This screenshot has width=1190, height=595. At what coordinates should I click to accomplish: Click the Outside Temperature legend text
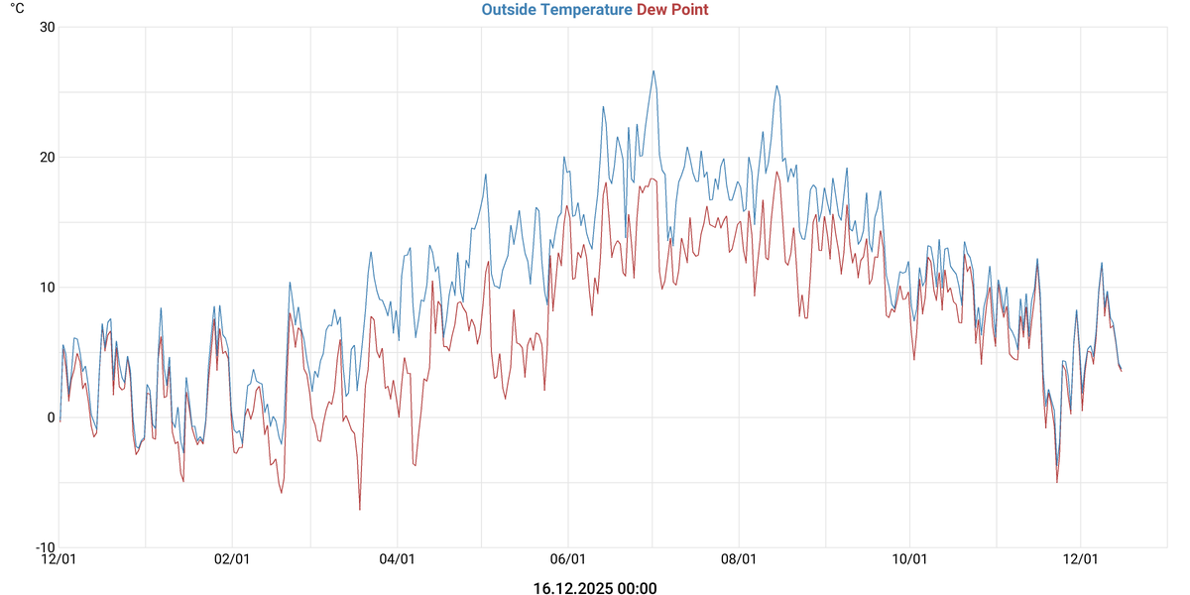point(556,10)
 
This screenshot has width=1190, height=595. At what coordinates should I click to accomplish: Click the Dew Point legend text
point(672,10)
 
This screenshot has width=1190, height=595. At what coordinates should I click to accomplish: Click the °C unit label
point(17,8)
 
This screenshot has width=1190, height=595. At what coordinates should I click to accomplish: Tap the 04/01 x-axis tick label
point(397,560)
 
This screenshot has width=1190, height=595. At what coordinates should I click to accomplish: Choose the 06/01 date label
point(567,560)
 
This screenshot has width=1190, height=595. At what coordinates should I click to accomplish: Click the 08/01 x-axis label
point(739,560)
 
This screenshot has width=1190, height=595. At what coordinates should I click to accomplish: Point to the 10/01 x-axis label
point(909,560)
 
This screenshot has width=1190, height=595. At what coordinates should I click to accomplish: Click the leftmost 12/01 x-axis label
point(59,560)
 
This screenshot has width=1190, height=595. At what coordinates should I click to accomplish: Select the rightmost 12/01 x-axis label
point(1081,560)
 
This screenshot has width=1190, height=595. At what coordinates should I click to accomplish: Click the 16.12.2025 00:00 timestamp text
point(595,588)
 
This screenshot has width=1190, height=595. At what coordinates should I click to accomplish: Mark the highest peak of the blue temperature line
point(654,70)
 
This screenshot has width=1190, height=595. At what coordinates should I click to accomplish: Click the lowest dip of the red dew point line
point(360,510)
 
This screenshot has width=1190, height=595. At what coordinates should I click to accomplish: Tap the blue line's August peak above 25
point(777,85)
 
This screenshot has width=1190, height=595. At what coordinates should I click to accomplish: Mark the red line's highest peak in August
point(777,173)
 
